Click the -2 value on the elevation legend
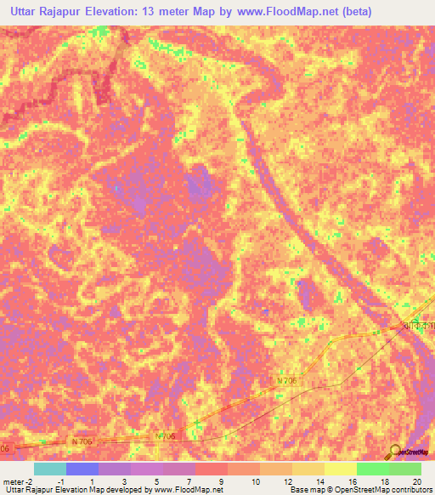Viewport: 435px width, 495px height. [28, 481]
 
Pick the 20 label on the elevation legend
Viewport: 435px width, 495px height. [415, 481]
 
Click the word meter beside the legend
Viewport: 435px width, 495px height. [12, 481]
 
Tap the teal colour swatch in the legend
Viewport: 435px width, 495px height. [50, 469]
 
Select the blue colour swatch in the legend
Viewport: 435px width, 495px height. [82, 469]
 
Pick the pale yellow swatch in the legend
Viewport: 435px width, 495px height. [340, 469]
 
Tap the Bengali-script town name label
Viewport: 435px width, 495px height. [416, 326]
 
